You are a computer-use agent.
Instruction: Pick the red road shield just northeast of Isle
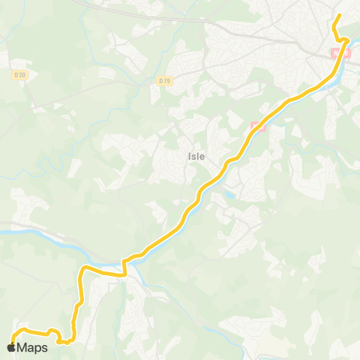click(x=257, y=125)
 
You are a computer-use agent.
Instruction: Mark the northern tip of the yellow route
click(x=339, y=16)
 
